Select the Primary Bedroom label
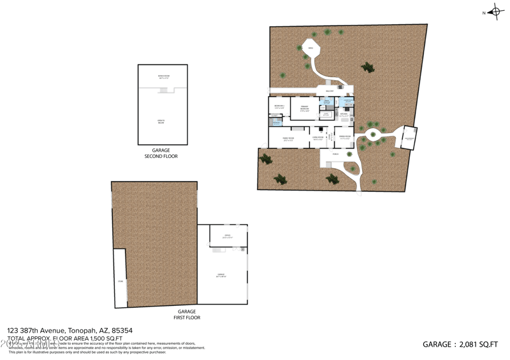304,108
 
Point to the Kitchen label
344,115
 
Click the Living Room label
318,138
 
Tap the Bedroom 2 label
279,106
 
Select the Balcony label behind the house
330,91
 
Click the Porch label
336,154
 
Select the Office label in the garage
228,236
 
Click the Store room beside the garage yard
120,278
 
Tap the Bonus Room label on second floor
163,76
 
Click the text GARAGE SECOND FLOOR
160,153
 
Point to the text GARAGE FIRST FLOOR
187,314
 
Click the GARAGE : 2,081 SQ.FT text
460,344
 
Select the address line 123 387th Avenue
69,330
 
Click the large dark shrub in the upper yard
367,66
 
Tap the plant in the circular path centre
373,134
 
